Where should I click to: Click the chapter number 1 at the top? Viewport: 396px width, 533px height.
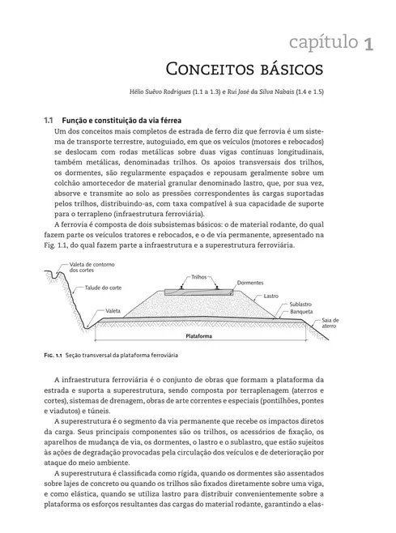point(368,42)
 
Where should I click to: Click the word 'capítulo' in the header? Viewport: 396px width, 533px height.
point(315,41)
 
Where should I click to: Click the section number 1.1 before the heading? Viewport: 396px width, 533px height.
point(48,119)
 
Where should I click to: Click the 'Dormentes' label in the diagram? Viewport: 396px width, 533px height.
point(250,284)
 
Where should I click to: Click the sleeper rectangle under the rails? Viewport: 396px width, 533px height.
point(199,291)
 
